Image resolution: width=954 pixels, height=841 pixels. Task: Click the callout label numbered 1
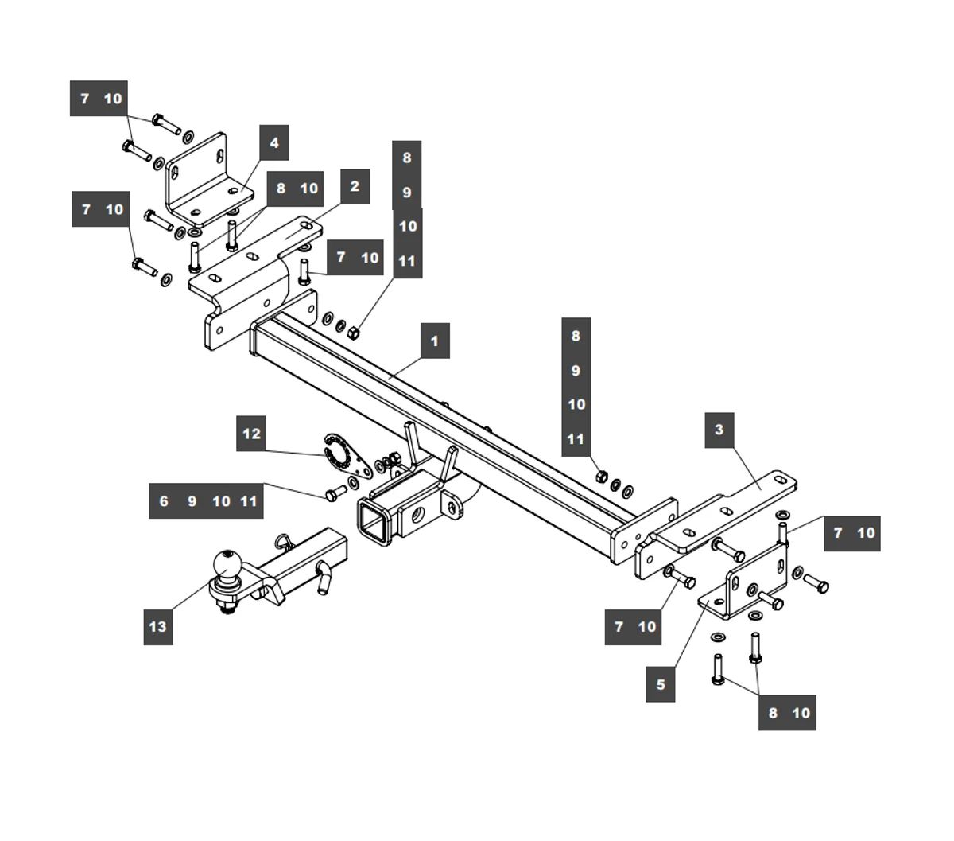coord(434,341)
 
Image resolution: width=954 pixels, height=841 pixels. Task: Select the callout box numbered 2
coord(354,186)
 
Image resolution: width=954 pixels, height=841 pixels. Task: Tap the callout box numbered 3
coord(719,430)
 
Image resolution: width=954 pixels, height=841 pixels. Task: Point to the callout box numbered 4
coord(274,143)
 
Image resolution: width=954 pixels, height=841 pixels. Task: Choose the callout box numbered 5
coord(661,683)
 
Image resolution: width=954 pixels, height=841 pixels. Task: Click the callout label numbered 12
coord(251,434)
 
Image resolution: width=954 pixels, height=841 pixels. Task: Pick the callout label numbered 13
coord(158,626)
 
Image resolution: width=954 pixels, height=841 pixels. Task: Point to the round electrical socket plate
coord(340,451)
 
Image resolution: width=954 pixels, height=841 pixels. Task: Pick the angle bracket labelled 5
coord(743,589)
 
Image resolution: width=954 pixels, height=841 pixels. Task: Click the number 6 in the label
coord(164,500)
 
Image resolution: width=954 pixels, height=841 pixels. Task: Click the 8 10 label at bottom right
coord(787,712)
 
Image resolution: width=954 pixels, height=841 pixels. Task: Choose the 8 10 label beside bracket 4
coord(296,189)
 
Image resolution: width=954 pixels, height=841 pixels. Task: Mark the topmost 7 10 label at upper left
coord(99,99)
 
